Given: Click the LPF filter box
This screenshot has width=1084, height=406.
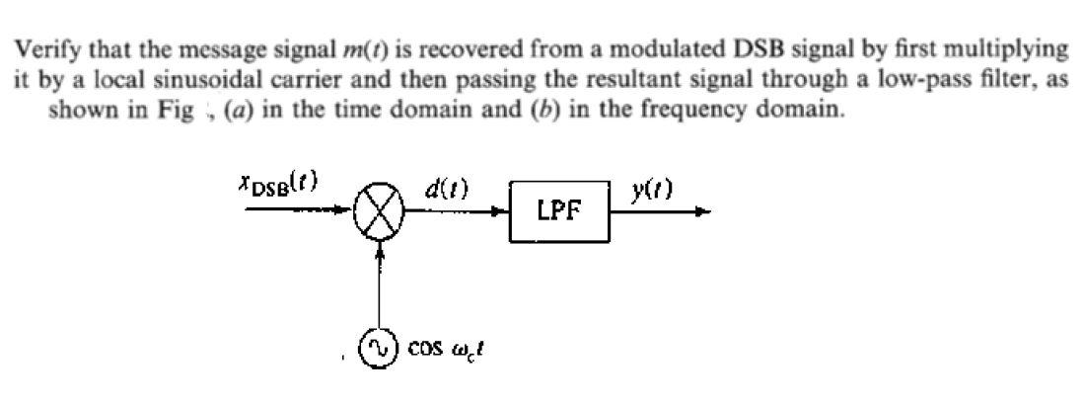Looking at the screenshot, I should pos(559,211).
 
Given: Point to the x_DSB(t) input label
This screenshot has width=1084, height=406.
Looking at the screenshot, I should pos(277,184).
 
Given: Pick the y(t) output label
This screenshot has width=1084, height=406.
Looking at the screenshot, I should pos(654,189).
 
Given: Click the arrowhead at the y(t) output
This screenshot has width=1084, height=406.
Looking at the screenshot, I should pos(701,210).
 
